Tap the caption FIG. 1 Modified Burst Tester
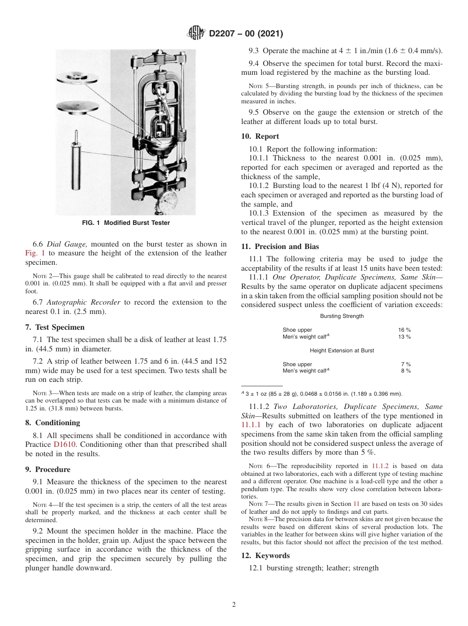pyautogui.click(x=126, y=223)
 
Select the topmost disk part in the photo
pyautogui.click(x=77, y=77)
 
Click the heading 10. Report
pyautogui.click(x=260, y=136)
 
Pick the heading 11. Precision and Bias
pyautogui.click(x=280, y=247)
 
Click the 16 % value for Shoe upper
pyautogui.click(x=404, y=330)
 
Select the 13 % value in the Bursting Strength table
pyautogui.click(x=404, y=337)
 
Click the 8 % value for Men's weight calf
pyautogui.click(x=405, y=371)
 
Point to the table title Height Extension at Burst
pyautogui.click(x=342, y=350)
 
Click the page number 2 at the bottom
pyautogui.click(x=234, y=605)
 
